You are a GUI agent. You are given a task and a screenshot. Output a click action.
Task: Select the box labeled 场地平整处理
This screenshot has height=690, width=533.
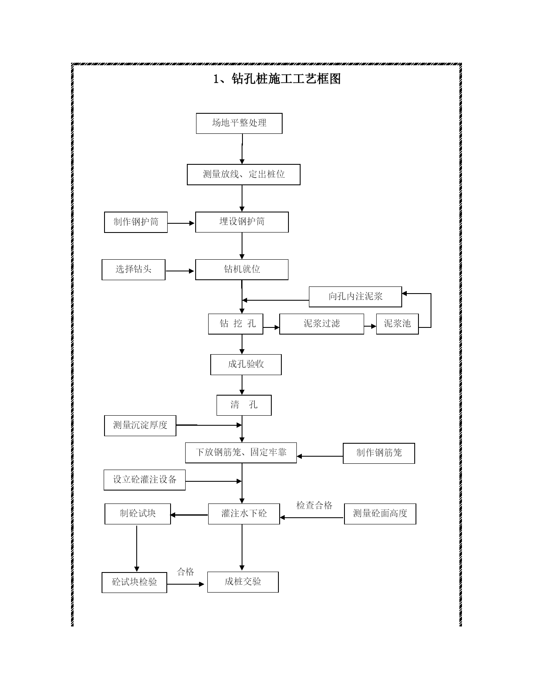click(239, 123)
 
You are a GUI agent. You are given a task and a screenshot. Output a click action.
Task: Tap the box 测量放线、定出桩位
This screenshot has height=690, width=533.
click(243, 174)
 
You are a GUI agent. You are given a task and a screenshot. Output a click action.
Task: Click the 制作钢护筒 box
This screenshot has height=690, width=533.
click(136, 222)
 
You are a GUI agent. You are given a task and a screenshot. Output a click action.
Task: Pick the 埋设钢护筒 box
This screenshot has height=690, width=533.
click(242, 222)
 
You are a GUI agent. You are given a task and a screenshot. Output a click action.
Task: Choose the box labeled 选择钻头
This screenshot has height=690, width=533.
click(133, 270)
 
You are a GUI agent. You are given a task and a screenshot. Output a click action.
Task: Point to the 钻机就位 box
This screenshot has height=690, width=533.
click(242, 270)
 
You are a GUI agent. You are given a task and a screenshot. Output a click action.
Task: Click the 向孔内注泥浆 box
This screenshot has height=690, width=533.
click(355, 297)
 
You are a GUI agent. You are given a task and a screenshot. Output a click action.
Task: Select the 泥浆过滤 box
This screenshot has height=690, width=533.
click(321, 324)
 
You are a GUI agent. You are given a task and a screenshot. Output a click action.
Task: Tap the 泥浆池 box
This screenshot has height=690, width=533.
click(397, 324)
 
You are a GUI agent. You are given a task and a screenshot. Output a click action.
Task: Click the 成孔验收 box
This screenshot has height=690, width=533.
click(246, 365)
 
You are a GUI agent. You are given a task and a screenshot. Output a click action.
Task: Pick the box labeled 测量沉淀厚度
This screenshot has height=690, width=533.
click(140, 426)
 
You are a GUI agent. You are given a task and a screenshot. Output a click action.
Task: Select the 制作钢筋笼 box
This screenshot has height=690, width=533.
click(379, 453)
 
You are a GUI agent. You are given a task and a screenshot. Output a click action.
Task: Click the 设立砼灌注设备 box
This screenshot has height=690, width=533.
click(145, 480)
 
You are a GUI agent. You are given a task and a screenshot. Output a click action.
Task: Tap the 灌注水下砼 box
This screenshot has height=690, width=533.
click(244, 514)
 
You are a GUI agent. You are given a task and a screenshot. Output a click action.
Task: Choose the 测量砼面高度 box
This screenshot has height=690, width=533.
click(380, 514)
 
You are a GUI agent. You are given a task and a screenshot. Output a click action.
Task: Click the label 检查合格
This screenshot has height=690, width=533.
click(314, 506)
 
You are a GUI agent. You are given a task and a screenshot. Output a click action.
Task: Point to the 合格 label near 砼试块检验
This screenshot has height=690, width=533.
click(186, 572)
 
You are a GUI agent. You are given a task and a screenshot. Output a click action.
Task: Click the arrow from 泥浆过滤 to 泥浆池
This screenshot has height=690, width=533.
click(370, 326)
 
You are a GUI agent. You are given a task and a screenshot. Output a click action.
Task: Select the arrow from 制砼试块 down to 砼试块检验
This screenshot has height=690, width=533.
click(137, 548)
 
